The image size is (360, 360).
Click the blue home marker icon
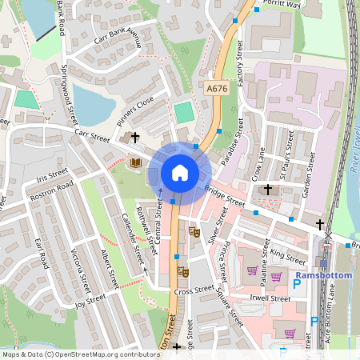[180, 172]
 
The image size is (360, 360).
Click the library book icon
[136, 162]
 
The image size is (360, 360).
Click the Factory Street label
[241, 63]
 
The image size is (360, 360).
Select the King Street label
[287, 255]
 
